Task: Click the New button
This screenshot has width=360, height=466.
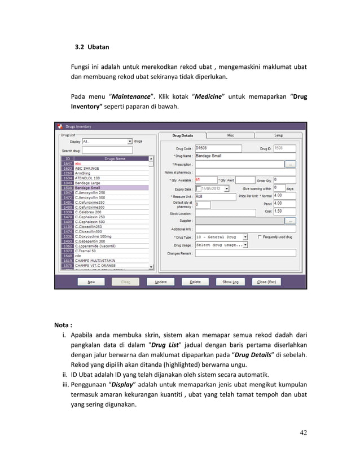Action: coord(91,282)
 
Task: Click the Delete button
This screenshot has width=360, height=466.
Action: coord(195,282)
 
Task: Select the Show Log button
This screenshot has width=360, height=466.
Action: coord(230,282)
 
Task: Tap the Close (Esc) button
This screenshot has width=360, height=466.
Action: coord(266,282)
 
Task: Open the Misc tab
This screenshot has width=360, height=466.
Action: coord(230,135)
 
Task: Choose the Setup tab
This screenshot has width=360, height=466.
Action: coord(279,135)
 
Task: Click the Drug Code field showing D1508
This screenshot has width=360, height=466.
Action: coord(217,148)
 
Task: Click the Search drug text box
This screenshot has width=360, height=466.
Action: coord(107,150)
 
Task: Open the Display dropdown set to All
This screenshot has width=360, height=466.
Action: coord(107,141)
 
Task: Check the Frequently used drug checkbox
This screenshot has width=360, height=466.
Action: coord(260,237)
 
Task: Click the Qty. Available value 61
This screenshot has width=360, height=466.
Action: coord(199,180)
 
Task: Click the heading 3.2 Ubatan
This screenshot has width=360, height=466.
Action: coord(87,46)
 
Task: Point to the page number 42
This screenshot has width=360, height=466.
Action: coord(304,433)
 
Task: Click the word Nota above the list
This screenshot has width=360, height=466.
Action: coord(62,325)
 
